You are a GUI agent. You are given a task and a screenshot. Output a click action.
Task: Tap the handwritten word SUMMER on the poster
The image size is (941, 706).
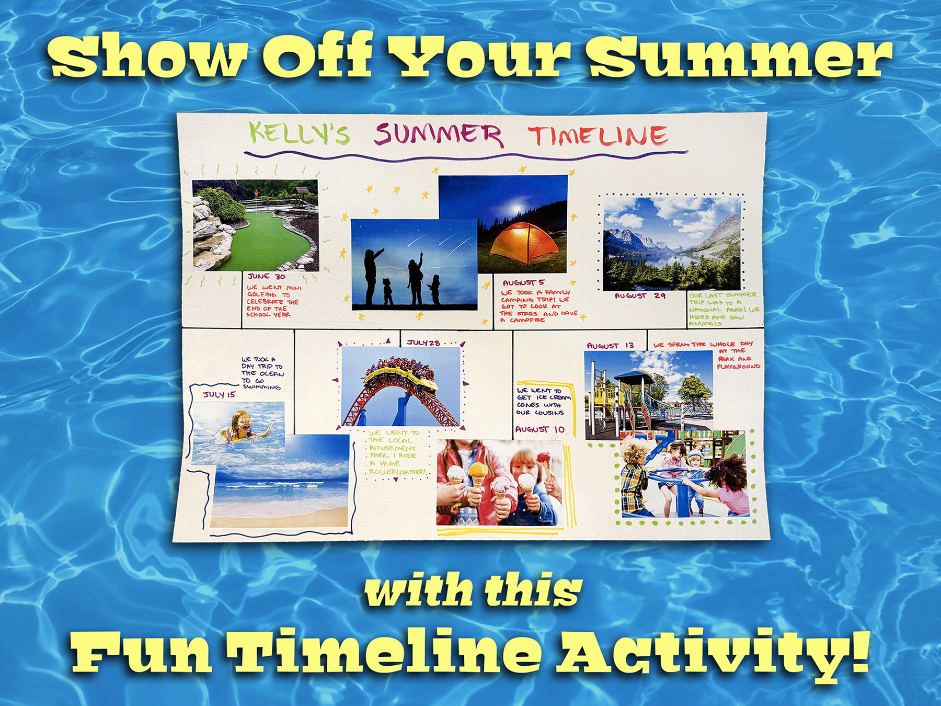coord(438,134)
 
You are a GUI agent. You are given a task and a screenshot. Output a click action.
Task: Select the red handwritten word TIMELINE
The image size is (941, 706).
coord(598,136)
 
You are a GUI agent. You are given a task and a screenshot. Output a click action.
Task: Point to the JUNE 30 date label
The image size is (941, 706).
coord(267,276)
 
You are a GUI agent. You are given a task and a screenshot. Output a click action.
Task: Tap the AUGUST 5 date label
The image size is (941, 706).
coord(523,282)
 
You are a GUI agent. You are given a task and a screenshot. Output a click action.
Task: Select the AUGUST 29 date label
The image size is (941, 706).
coord(639,296)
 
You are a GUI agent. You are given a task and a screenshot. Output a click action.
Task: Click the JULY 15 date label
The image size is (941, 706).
coord(219,394)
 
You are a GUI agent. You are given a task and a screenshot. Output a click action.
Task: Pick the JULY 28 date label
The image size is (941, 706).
coord(423,343)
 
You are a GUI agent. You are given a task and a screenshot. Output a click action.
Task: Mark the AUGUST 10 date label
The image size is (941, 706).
coord(540,429)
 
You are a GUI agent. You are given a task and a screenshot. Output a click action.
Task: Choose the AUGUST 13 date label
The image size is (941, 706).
coord(610,346)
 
